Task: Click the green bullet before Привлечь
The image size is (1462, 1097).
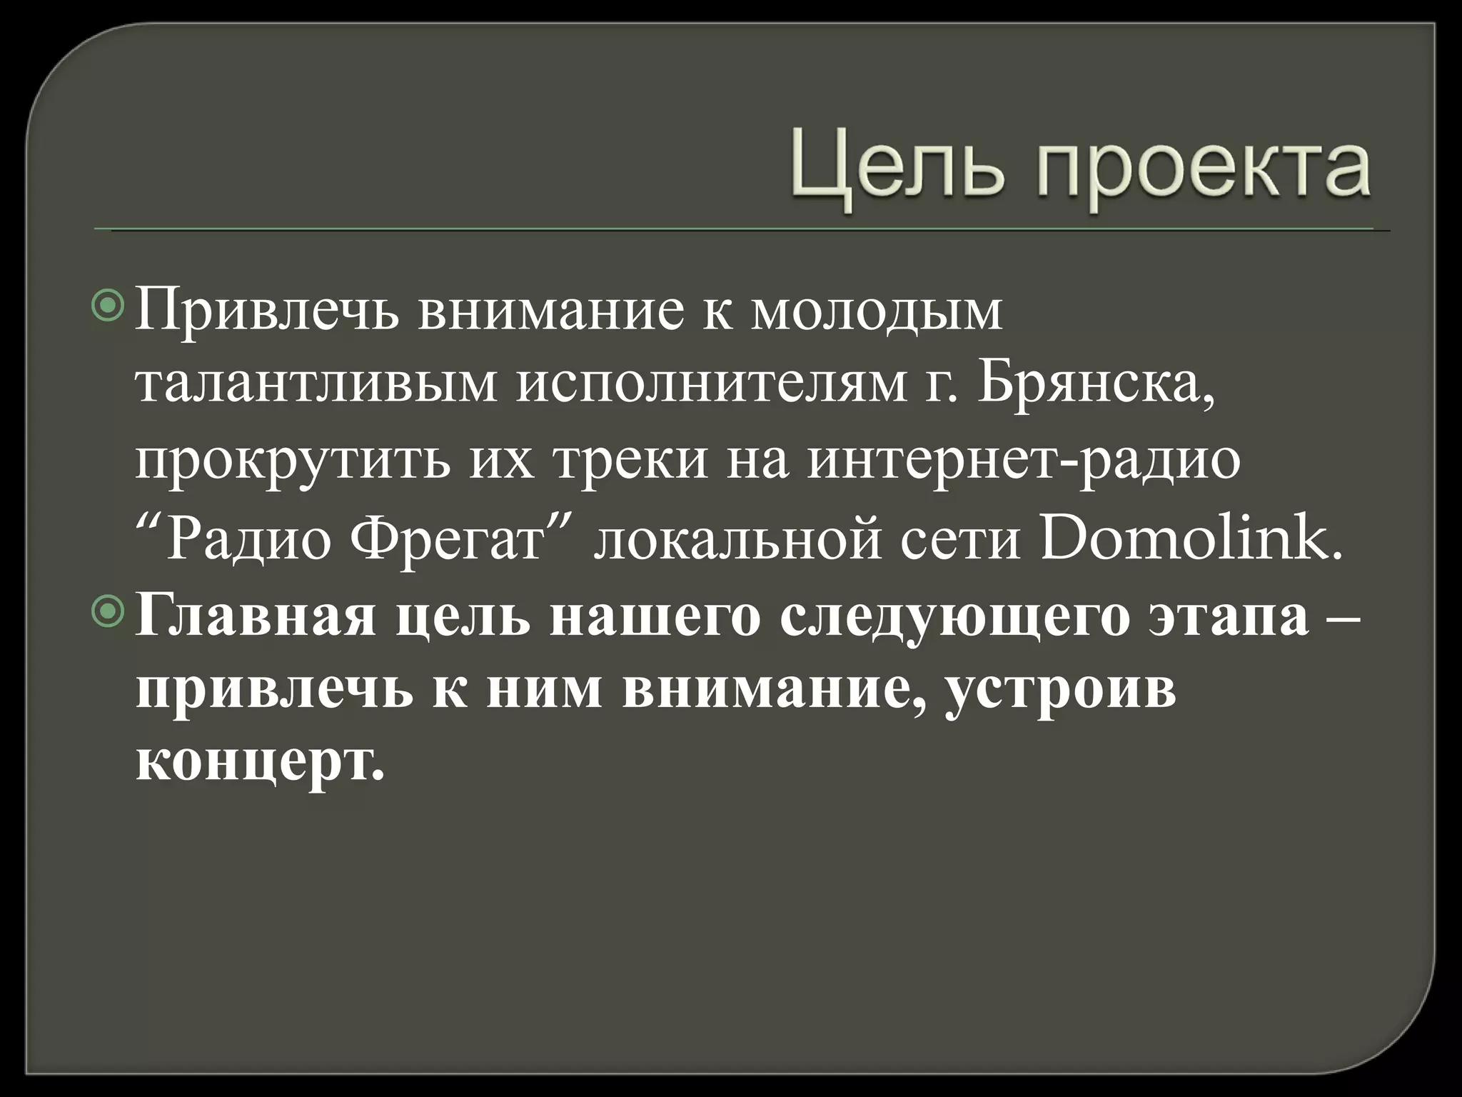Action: point(109,307)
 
